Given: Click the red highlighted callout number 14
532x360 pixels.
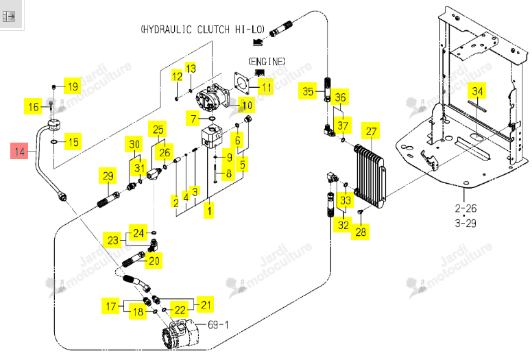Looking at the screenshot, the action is tap(20, 151).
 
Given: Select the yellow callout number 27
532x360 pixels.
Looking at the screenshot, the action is tap(371, 131).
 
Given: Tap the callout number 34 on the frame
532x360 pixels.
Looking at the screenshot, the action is tap(477, 91).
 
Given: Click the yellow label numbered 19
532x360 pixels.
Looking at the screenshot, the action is tap(73, 86).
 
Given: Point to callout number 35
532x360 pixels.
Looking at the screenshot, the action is tap(308, 91).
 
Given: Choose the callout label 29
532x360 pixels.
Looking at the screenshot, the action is tap(108, 176).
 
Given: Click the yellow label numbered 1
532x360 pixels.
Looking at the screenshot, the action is tap(209, 211).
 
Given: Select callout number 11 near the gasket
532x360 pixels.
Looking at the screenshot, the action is tap(266, 87).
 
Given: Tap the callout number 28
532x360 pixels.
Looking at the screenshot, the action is tap(361, 231).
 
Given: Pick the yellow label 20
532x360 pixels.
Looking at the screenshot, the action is tap(154, 261).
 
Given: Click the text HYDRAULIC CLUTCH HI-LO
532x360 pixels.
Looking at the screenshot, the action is tap(203, 29).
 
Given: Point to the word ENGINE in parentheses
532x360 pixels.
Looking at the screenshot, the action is tap(267, 62).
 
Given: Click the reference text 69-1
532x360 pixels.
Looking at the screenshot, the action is tap(218, 325).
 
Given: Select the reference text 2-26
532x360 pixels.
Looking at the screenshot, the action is tap(465, 208).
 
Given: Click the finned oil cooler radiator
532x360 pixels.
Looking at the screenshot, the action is tap(370, 176).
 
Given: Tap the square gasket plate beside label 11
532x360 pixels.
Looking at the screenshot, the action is tap(242, 83).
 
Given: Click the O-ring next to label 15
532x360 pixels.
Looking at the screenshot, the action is tap(54, 142).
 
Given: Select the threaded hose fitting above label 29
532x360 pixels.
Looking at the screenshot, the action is tap(108, 200).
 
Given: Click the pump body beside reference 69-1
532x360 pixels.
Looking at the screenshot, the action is tap(180, 334).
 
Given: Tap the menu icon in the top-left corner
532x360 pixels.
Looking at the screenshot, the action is tap(9, 16).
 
